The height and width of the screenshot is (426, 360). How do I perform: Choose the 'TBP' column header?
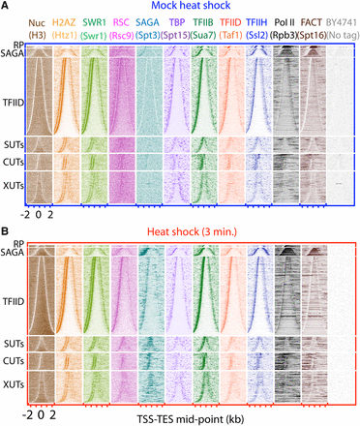coord(178,20)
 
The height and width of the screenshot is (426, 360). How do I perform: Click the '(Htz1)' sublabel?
coord(66,34)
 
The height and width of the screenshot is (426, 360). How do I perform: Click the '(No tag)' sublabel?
coord(342,34)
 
